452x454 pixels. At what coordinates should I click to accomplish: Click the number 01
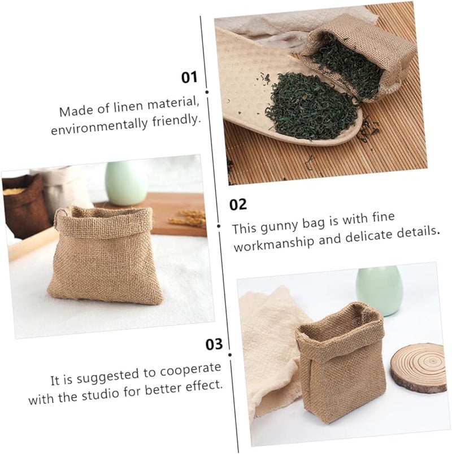coord(189,77)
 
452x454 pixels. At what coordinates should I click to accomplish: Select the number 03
coord(215,343)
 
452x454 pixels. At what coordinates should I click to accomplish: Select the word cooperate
coord(190,370)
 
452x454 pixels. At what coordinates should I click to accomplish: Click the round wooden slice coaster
coord(419,368)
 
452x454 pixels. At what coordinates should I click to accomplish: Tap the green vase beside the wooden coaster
coord(379,290)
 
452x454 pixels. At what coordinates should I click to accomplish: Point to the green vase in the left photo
coord(125,183)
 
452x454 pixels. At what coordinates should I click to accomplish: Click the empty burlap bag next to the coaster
coord(340,361)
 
